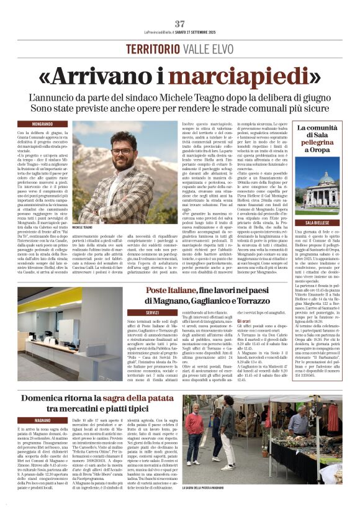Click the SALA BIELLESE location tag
[x=318, y=222]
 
